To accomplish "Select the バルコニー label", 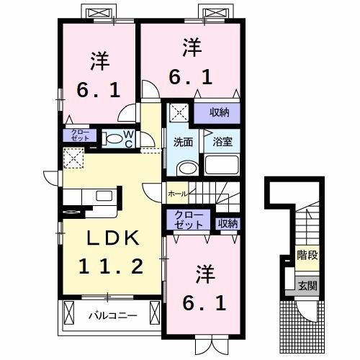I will tap(109, 315).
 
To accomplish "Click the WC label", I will tap(127, 138).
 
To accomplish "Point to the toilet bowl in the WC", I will tap(112, 139).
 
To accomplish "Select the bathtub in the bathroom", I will tap(223, 165).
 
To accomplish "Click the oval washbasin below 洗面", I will tap(185, 168).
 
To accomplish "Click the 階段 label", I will tap(307, 256).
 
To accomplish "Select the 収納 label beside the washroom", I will tap(220, 112).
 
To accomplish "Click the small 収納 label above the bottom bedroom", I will tap(228, 224).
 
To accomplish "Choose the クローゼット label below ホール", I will tap(189, 220).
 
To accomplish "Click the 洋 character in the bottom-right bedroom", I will tap(203, 274).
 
